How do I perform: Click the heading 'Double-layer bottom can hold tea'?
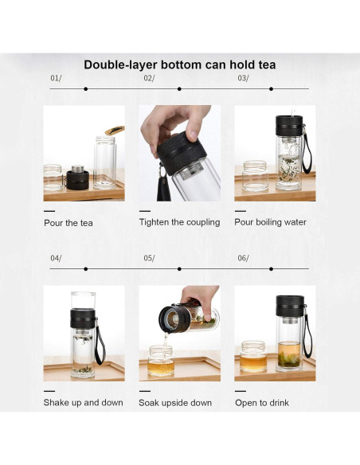180,64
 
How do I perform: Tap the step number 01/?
56,78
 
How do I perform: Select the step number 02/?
149,78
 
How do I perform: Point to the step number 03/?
243,78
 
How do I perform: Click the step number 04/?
56,258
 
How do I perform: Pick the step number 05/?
149,258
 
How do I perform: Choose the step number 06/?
243,258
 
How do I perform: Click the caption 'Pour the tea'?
68,223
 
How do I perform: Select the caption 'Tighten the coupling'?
179,222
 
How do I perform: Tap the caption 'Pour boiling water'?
270,222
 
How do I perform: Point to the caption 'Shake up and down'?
83,402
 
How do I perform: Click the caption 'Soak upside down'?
175,402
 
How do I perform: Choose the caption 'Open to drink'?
262,402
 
